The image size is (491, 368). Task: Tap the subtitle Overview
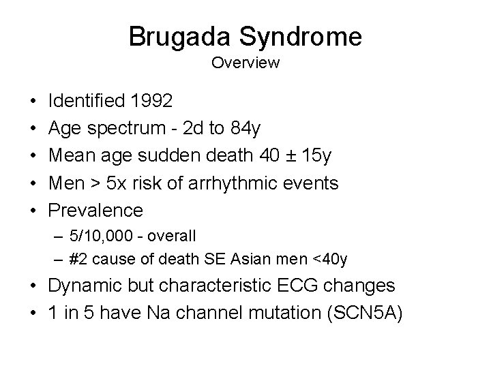click(x=245, y=63)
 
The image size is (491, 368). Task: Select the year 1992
click(x=151, y=101)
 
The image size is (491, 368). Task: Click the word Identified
click(x=87, y=101)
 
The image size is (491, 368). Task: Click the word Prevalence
click(x=95, y=210)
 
